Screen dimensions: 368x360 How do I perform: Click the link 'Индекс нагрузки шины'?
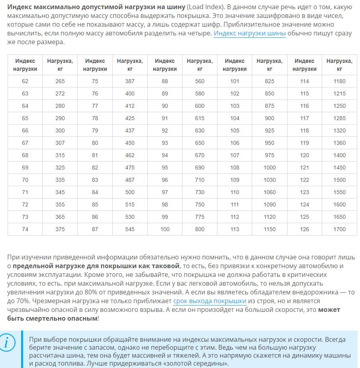click(x=250, y=33)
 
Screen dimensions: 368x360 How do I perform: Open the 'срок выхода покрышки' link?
click(x=209, y=301)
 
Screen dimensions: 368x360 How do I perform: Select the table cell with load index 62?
click(x=25, y=81)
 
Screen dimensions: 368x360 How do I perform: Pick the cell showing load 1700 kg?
click(x=340, y=229)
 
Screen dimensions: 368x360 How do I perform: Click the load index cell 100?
click(x=165, y=229)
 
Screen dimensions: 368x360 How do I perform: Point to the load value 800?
click(x=200, y=229)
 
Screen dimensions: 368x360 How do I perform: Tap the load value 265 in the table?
click(x=60, y=81)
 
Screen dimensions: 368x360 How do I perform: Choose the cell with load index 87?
click(x=95, y=229)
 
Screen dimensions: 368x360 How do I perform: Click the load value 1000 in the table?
click(x=270, y=167)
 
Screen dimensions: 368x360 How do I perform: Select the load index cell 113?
click(x=235, y=229)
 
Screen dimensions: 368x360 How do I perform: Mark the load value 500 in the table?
click(x=130, y=192)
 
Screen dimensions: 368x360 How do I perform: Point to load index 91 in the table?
click(x=165, y=118)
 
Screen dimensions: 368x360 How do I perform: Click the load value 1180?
click(x=340, y=81)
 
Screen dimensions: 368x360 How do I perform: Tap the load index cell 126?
click(x=305, y=229)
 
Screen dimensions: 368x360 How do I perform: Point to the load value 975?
click(x=270, y=155)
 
